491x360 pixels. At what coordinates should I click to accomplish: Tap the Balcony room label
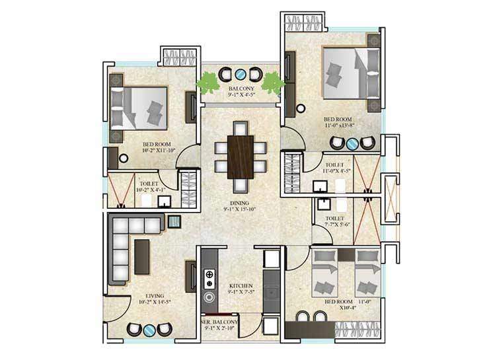click(241, 88)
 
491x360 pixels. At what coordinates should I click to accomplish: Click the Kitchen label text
click(241, 285)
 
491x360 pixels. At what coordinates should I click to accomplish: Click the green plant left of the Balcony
click(209, 85)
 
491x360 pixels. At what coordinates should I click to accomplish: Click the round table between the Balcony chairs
click(241, 73)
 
